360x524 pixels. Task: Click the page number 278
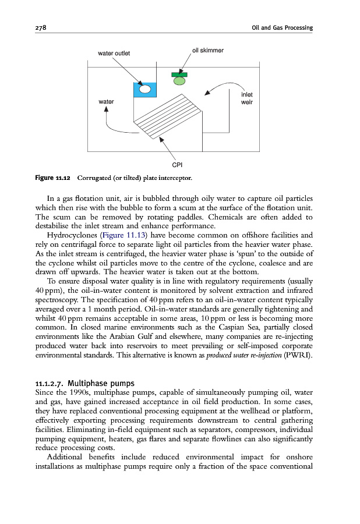[x=40, y=28]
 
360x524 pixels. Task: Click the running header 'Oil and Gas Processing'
[x=278, y=28]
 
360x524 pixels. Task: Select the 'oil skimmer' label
[x=208, y=50]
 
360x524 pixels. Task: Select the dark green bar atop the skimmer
[x=179, y=74]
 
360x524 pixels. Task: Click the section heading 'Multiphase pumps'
[x=101, y=384]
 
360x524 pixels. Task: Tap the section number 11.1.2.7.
[x=50, y=384]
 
